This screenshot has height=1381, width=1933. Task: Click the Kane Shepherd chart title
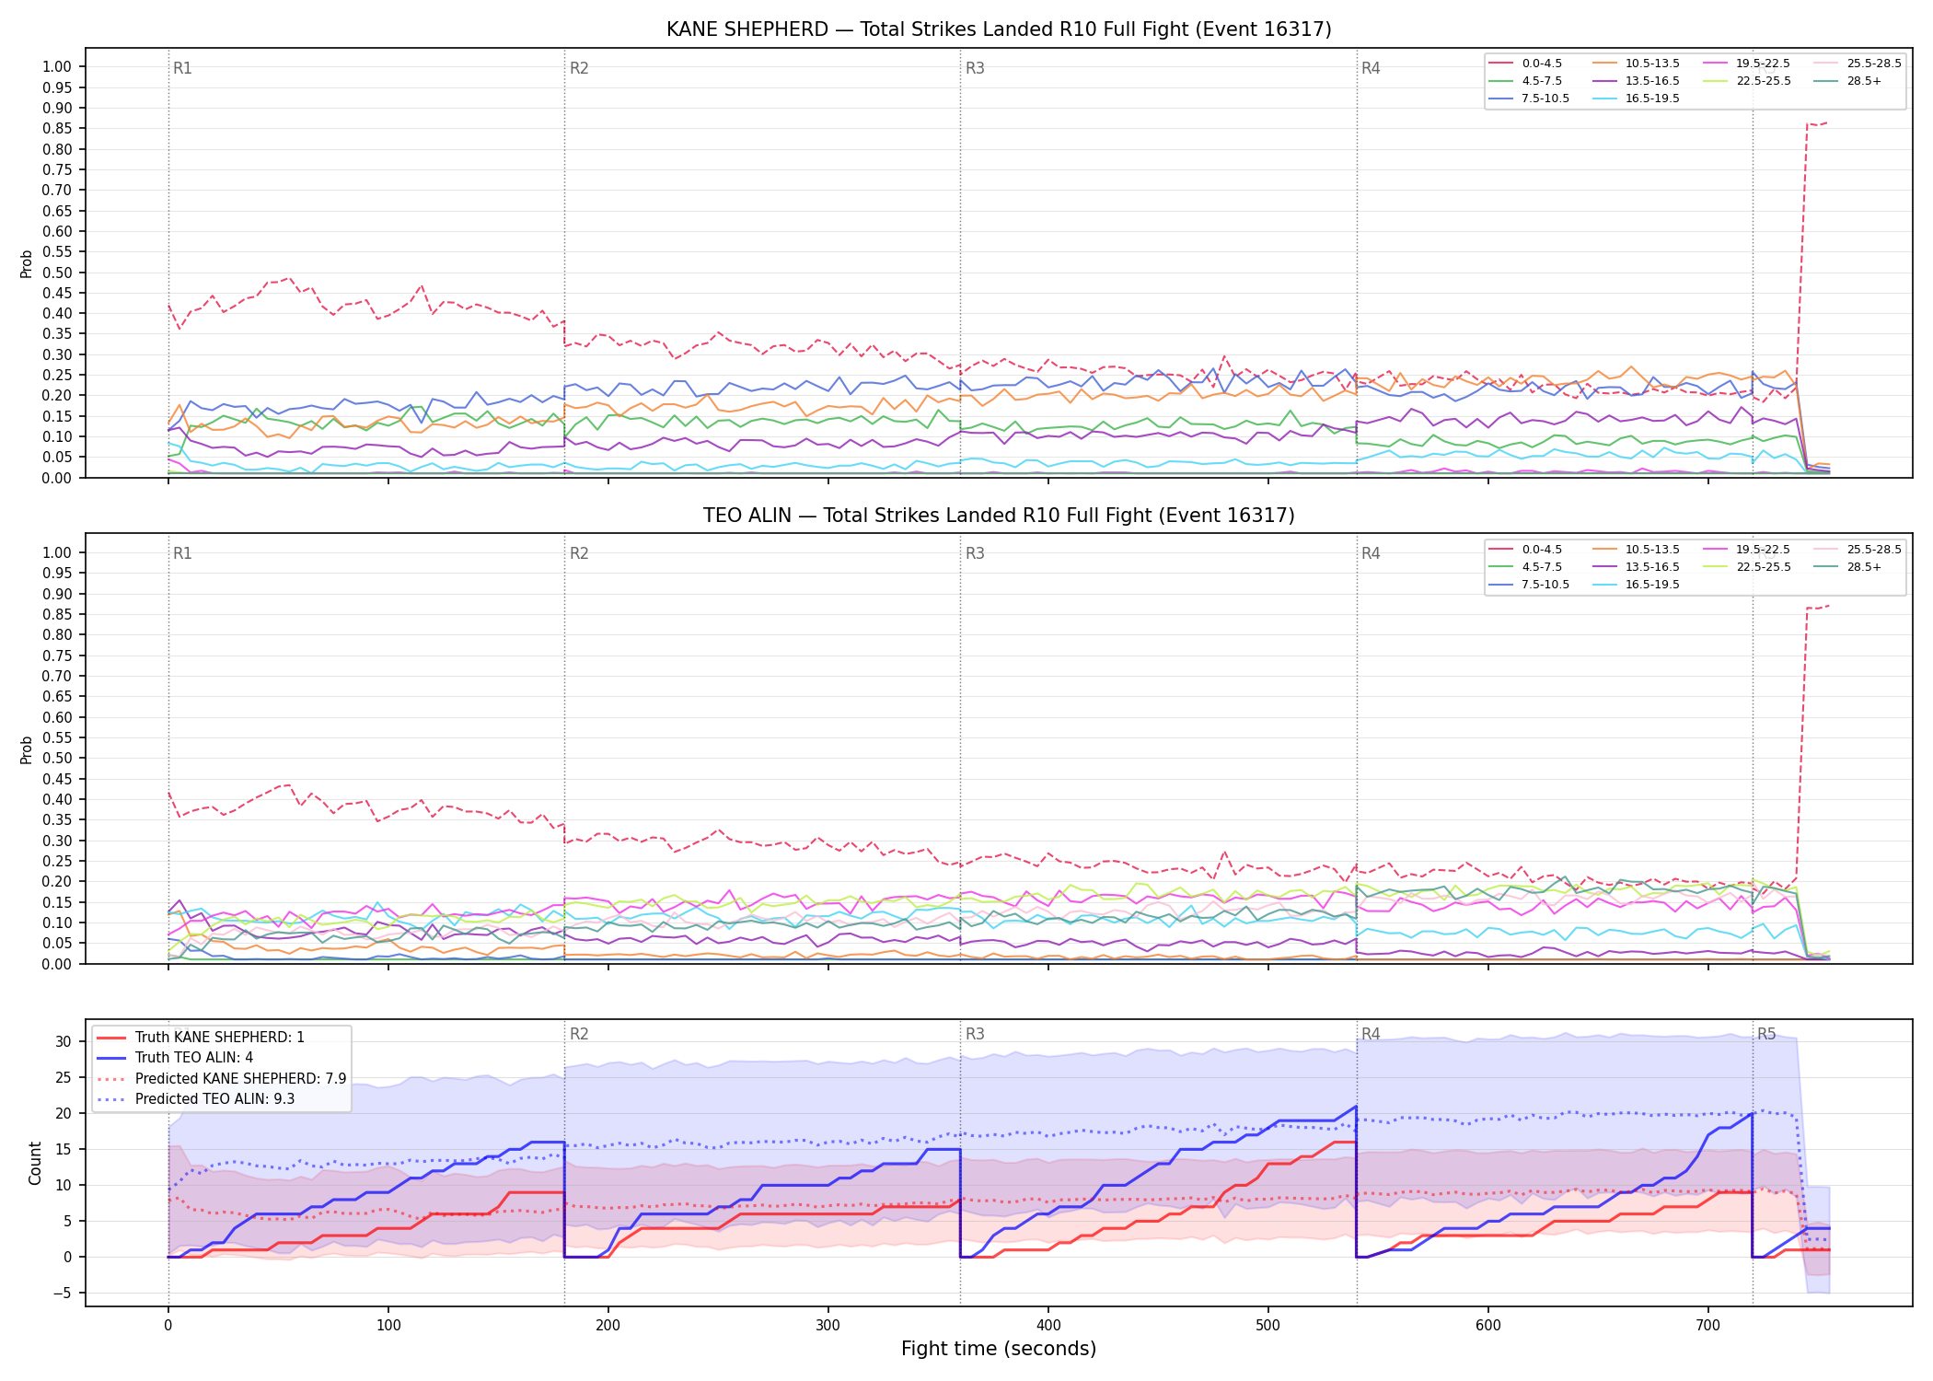point(999,29)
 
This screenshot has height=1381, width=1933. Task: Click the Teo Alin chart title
point(999,516)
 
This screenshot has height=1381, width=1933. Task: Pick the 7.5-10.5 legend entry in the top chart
point(1529,99)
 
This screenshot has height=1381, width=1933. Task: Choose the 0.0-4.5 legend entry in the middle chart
point(1525,550)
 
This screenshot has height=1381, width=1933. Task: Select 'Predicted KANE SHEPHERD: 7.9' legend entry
point(221,1078)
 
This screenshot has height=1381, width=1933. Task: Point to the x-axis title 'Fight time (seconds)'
point(999,1349)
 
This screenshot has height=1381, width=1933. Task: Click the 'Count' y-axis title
point(36,1163)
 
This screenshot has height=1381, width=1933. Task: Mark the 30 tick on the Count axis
point(63,1041)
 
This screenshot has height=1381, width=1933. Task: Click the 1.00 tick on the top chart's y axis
point(57,66)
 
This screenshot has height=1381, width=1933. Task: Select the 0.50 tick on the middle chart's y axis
point(57,759)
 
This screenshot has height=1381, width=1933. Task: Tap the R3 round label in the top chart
point(975,68)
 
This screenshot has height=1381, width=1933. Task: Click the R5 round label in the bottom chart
point(1766,1034)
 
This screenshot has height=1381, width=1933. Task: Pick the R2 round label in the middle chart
point(579,553)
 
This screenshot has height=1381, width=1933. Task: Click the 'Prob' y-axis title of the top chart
point(27,263)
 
